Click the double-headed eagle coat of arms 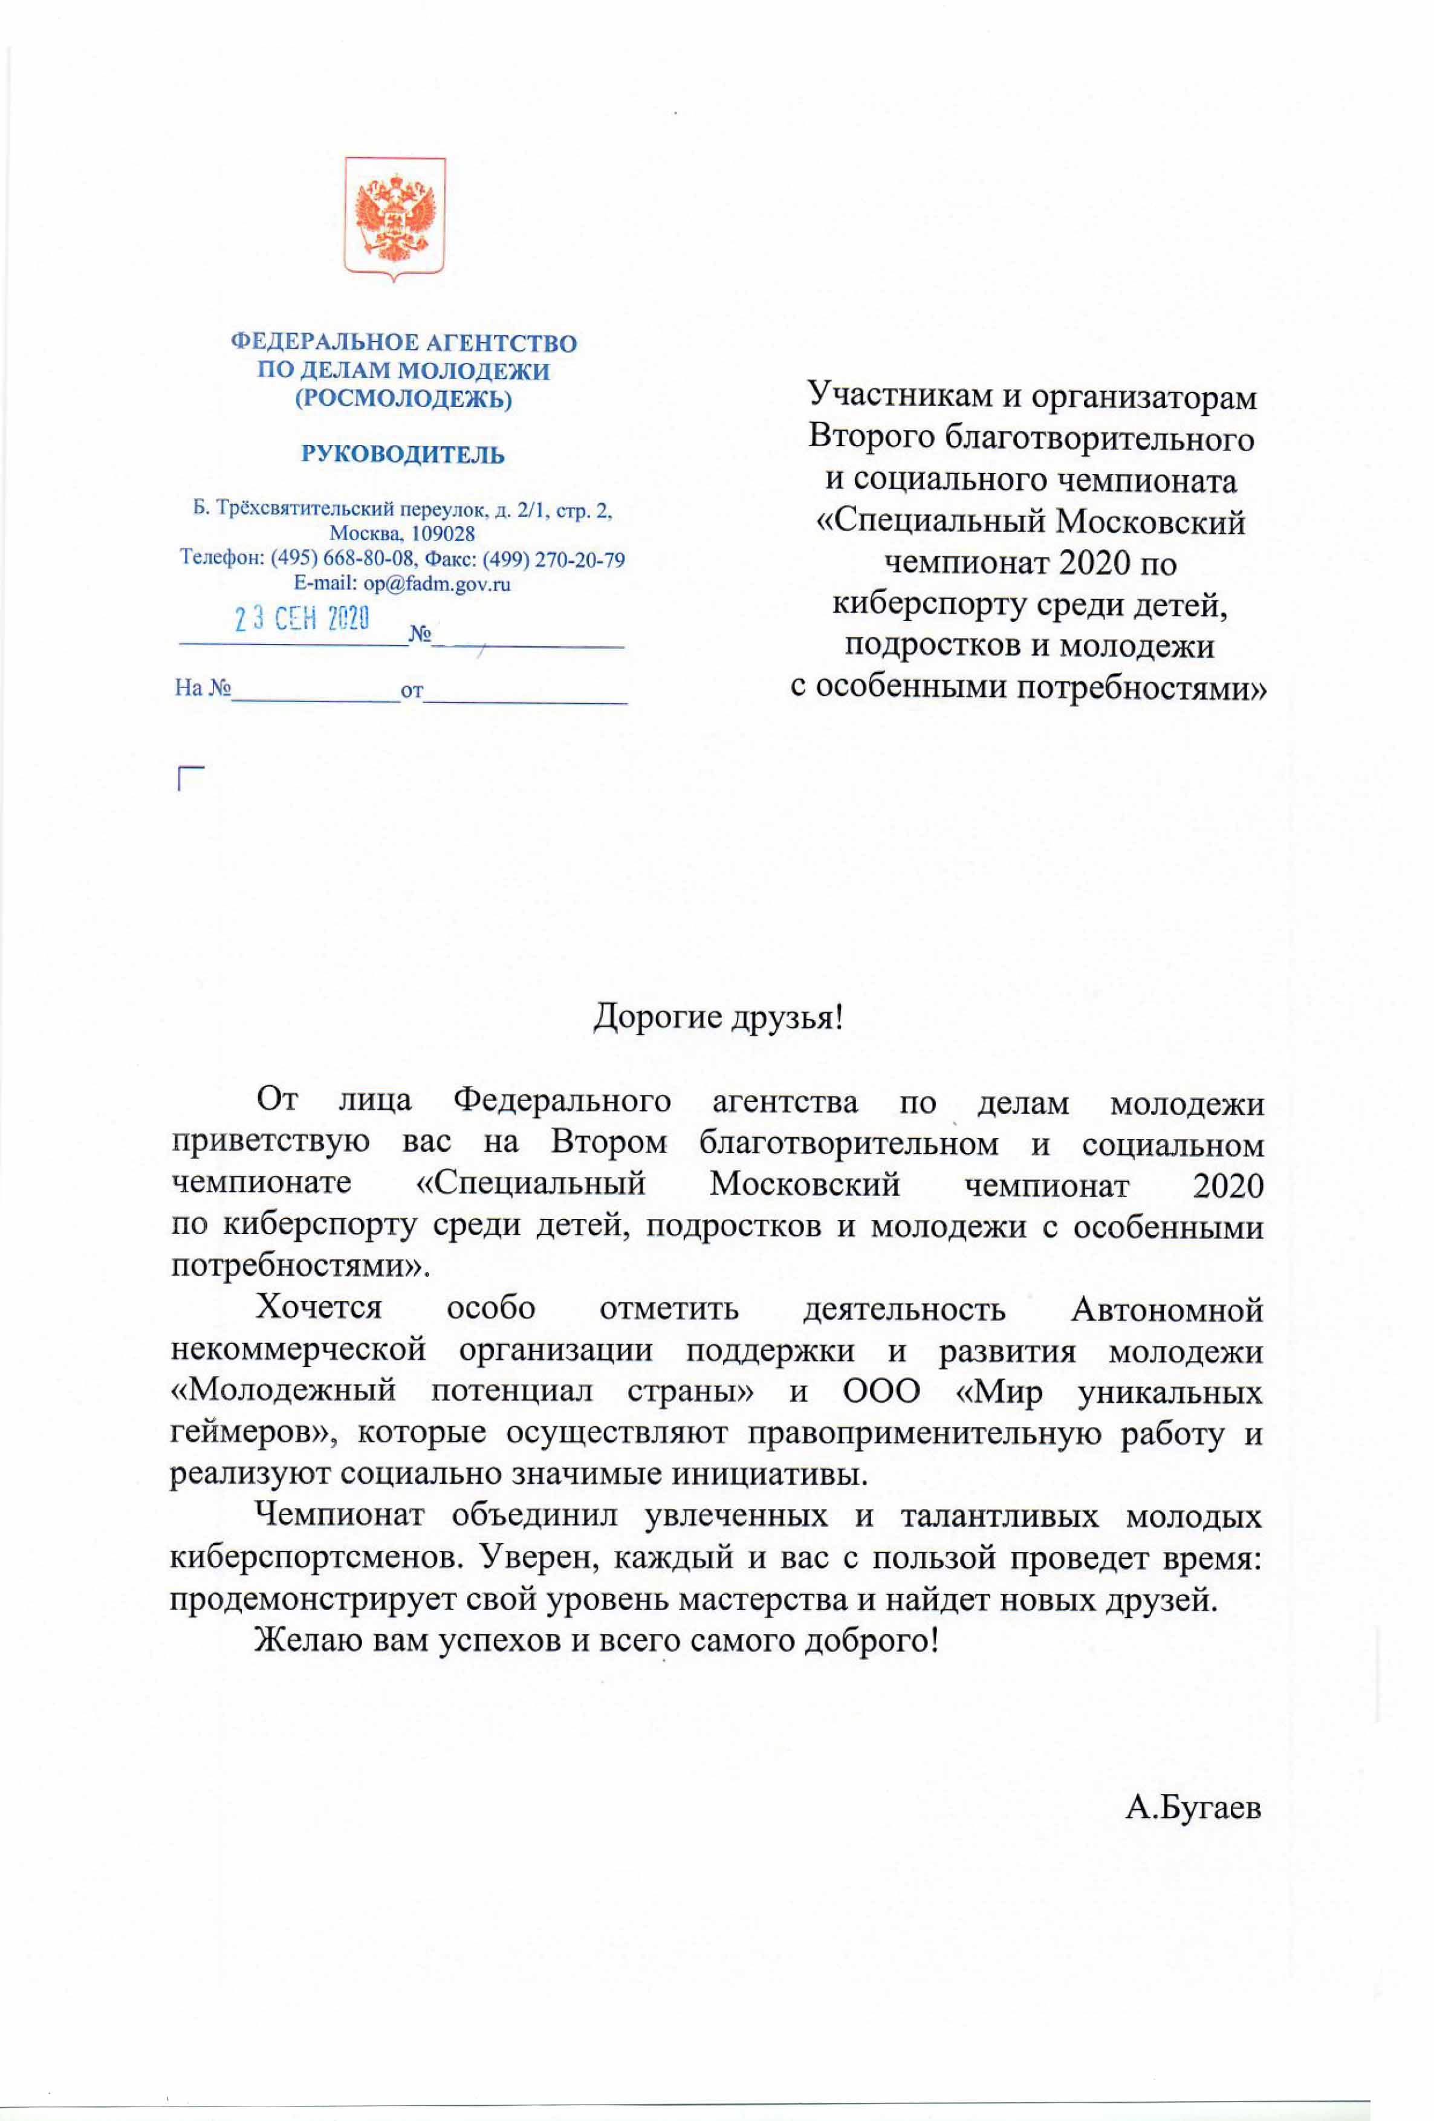click(x=394, y=216)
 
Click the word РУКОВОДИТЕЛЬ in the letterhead click(x=403, y=455)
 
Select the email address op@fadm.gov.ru click(x=436, y=584)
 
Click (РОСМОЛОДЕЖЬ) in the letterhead click(x=403, y=399)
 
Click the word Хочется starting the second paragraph click(x=319, y=1308)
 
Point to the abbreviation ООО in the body click(x=881, y=1392)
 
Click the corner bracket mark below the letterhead click(x=189, y=778)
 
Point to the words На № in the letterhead click(x=203, y=687)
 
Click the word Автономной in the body click(x=1167, y=1310)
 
